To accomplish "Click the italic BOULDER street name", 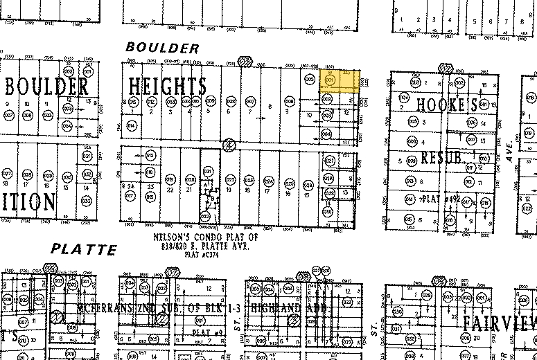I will (163, 48).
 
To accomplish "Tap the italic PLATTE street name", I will (84, 248).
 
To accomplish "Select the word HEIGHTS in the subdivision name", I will (168, 87).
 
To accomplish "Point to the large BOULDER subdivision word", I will (47, 87).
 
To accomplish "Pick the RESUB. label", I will (441, 158).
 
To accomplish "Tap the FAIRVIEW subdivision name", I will (499, 322).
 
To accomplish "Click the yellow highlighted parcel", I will (340, 81).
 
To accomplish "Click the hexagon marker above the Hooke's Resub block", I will (446, 68).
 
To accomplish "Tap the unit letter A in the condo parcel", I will (206, 186).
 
